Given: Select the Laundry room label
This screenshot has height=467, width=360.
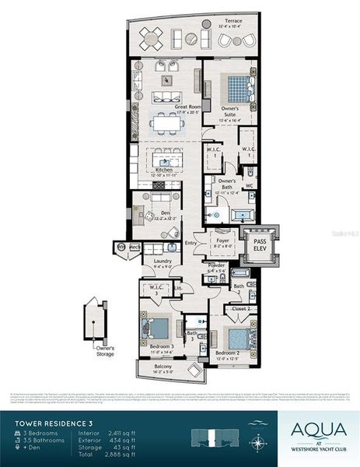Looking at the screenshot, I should click(x=163, y=263).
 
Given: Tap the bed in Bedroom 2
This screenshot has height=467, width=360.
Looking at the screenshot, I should click(x=238, y=338).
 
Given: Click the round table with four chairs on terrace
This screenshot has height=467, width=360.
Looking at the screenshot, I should click(x=152, y=37).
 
